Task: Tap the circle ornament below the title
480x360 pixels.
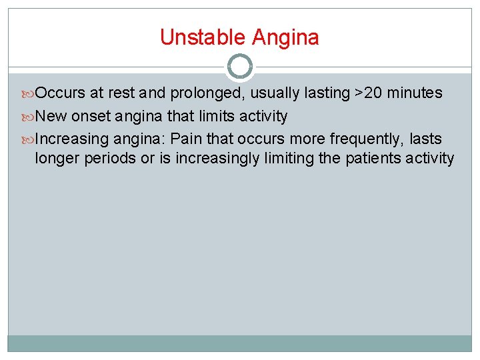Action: coord(240,67)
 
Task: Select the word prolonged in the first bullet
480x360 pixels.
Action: coord(213,93)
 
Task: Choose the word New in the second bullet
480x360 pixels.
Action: coord(51,117)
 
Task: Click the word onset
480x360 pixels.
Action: coord(91,117)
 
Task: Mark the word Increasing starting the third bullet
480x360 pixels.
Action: coord(72,139)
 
